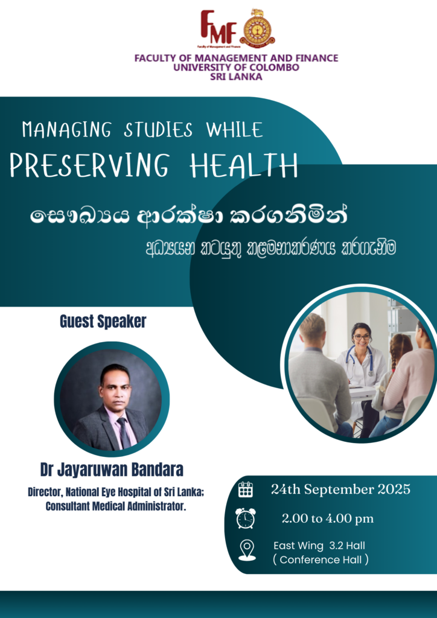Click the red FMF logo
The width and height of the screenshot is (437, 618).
click(219, 28)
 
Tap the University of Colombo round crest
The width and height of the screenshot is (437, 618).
click(257, 28)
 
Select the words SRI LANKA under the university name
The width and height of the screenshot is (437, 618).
click(236, 77)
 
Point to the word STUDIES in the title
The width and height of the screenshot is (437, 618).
click(158, 130)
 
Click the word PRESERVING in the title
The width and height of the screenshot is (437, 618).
click(89, 165)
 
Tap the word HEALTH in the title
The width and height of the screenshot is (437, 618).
click(243, 165)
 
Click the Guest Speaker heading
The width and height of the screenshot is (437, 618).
click(103, 322)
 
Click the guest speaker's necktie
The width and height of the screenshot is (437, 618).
click(123, 432)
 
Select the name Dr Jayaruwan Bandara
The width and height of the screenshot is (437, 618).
click(112, 470)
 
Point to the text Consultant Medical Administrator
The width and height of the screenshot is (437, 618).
click(115, 506)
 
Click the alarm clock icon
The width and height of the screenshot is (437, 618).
click(246, 518)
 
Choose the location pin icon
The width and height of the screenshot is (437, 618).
click(247, 550)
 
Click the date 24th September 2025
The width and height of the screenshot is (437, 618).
click(340, 489)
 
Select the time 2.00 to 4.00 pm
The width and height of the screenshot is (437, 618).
click(328, 518)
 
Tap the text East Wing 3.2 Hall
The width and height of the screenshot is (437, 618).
click(319, 546)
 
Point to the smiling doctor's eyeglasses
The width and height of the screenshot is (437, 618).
click(362, 337)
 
